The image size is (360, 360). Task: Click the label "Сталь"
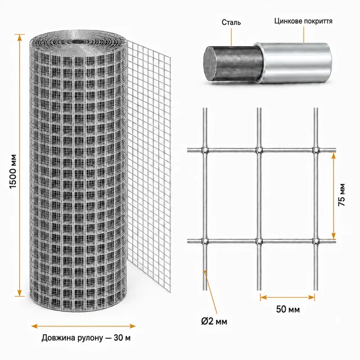click(231, 22)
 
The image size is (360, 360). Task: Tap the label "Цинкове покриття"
click(303, 21)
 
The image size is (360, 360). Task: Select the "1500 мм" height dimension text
click(13, 172)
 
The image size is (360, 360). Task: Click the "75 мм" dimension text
click(341, 195)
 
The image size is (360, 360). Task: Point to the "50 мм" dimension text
click(288, 309)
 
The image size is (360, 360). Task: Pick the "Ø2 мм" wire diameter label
click(214, 321)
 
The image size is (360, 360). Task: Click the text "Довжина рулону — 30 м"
click(86, 338)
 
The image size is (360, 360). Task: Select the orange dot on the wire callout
click(205, 272)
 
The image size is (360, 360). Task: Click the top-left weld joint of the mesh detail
click(205, 150)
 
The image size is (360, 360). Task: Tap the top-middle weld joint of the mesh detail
click(259, 150)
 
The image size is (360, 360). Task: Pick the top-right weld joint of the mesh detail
click(316, 150)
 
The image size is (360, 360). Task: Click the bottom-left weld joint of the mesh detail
click(205, 241)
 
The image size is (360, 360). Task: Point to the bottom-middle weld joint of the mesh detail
click(259, 241)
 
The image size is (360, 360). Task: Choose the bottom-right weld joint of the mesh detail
click(316, 241)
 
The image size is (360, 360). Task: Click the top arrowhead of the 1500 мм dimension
click(20, 38)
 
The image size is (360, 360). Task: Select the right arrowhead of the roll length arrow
click(133, 326)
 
